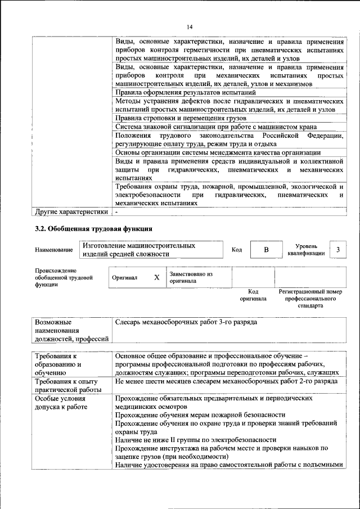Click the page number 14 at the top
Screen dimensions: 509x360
[190, 27]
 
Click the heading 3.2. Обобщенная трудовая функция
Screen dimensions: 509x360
[93, 229]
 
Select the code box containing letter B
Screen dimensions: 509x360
[267, 250]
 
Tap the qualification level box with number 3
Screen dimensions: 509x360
[337, 250]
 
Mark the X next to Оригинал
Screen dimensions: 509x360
[157, 277]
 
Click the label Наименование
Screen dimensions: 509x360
[53, 250]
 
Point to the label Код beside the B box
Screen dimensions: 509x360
[237, 250]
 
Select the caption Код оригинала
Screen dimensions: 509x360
[253, 295]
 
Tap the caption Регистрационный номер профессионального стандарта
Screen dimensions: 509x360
[310, 299]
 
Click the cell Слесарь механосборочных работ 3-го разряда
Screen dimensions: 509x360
[186, 323]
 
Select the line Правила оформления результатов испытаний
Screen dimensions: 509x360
[186, 92]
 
